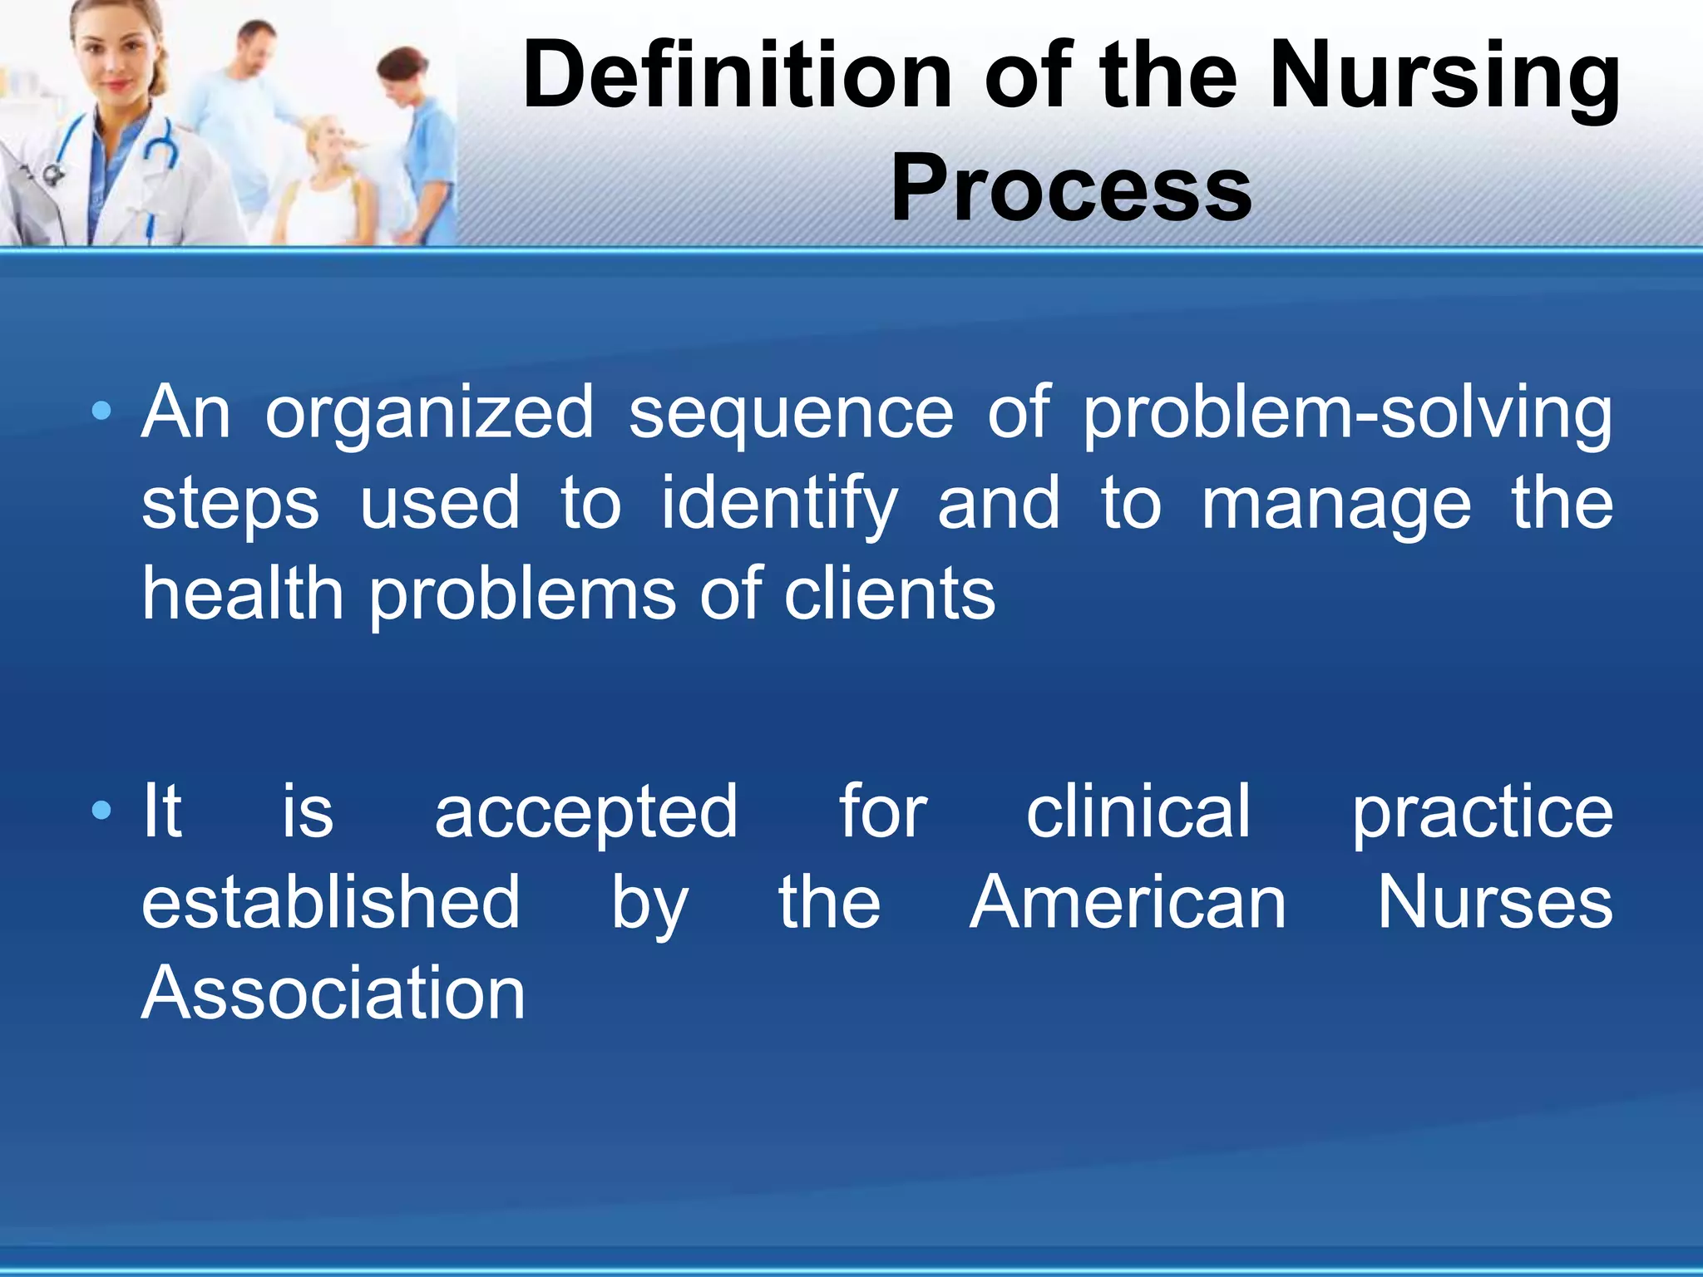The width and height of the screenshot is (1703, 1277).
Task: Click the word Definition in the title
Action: coord(737,76)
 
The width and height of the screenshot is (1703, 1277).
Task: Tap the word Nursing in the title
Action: coord(1444,76)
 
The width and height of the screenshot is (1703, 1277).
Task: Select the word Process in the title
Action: coord(1070,190)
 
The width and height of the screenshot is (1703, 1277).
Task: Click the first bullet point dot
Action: coord(101,411)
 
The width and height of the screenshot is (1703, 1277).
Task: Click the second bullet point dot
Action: coord(101,810)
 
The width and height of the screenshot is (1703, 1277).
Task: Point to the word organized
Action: coord(429,412)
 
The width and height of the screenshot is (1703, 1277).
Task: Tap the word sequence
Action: coord(790,412)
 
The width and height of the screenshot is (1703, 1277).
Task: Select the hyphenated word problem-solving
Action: coord(1346,412)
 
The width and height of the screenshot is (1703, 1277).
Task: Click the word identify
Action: coord(779,504)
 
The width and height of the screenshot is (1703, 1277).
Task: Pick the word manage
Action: coord(1336,504)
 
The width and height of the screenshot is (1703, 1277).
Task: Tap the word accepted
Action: coord(585,811)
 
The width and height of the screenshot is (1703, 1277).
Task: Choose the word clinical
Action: coord(1138,811)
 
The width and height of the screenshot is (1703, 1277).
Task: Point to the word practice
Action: coord(1482,811)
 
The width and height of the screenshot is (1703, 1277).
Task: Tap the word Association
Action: coord(333,993)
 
